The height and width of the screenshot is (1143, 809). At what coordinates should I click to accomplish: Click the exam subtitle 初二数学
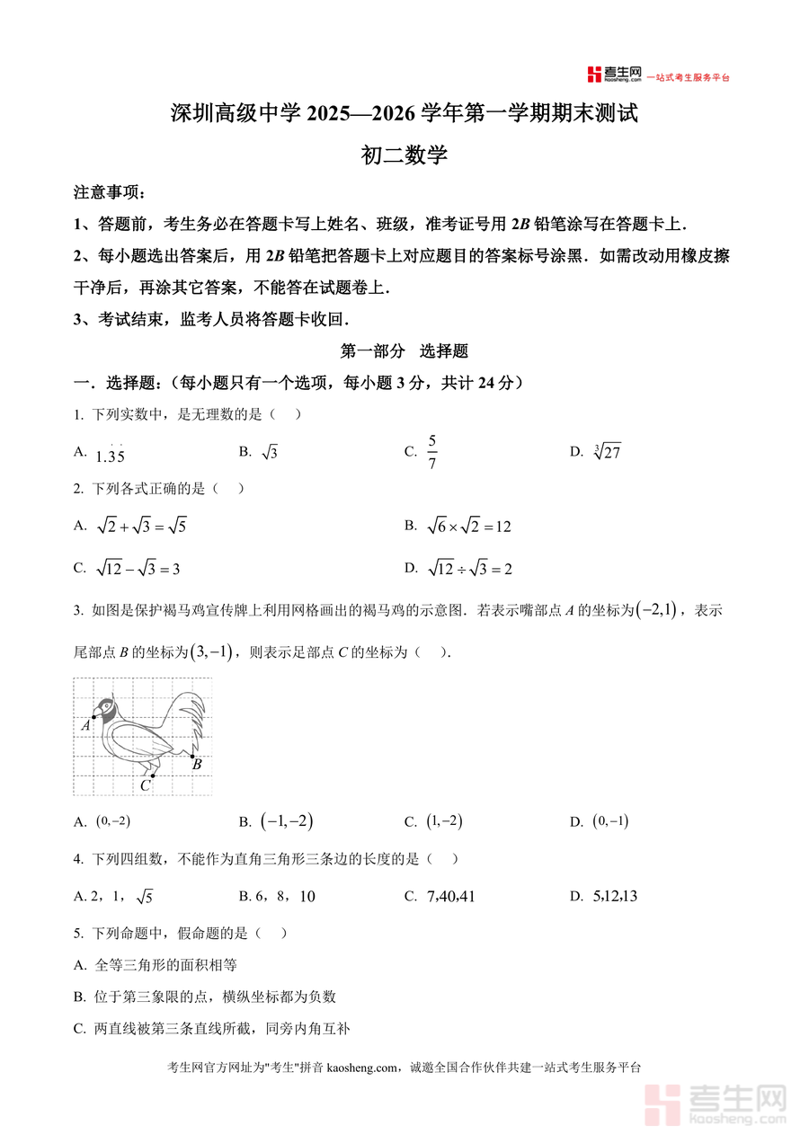coord(404,155)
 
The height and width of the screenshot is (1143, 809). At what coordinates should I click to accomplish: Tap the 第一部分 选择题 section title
coord(404,352)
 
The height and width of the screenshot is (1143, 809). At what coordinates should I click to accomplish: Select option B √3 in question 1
coord(269,453)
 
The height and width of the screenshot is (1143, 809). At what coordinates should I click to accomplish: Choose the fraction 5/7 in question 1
coord(431,452)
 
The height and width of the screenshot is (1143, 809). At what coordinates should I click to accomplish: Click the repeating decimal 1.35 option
coord(110,454)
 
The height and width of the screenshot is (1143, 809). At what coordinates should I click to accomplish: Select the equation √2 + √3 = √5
coord(141,527)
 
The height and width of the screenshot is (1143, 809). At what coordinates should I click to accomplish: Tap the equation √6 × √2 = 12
coord(468,527)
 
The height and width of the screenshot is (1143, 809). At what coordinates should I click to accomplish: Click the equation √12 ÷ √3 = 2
coord(469,569)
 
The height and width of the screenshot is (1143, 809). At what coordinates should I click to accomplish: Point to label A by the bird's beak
coord(86,724)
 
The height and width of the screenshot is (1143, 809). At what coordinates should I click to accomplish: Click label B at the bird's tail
coord(197,765)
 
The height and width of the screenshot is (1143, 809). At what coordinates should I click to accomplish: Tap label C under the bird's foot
coord(145,785)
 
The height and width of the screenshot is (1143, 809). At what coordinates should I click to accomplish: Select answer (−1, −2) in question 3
coord(287,821)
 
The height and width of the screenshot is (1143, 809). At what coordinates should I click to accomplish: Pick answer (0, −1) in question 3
coord(610,821)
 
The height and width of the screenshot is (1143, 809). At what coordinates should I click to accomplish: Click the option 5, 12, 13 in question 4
coord(616,896)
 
